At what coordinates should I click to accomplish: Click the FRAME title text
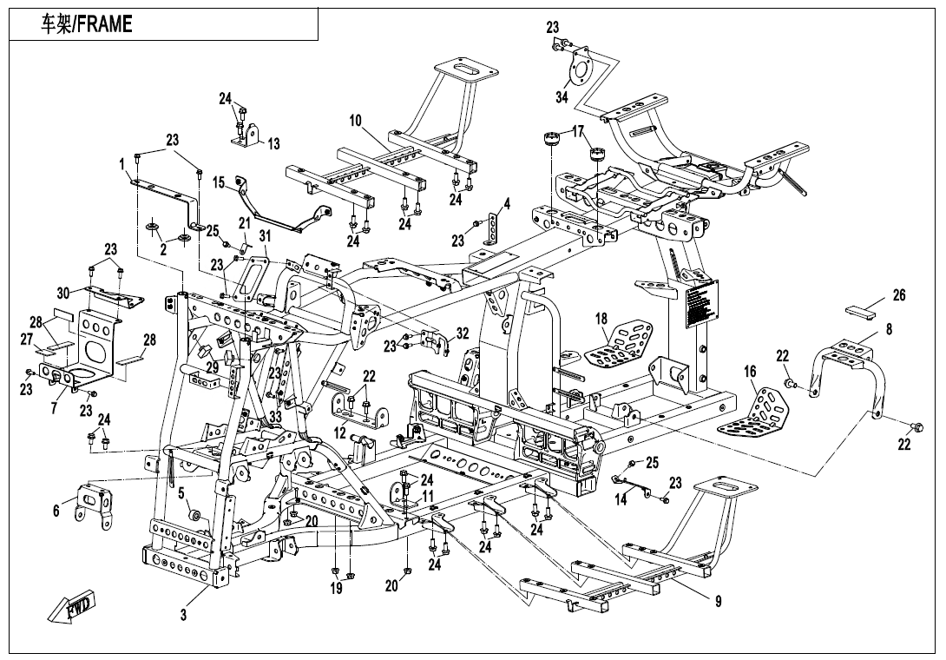click(x=87, y=24)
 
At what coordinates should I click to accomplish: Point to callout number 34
click(x=562, y=97)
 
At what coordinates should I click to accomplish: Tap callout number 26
click(x=899, y=295)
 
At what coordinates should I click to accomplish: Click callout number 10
click(x=356, y=121)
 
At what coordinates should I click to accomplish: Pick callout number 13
click(x=273, y=143)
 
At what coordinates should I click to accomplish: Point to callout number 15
click(x=219, y=182)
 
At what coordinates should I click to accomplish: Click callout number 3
click(x=183, y=616)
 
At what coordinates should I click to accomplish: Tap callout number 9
click(x=718, y=601)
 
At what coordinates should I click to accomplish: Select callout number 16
click(x=750, y=373)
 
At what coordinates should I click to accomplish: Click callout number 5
click(x=182, y=494)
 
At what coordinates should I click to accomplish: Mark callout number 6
click(x=56, y=511)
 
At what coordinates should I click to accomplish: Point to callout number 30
click(x=62, y=292)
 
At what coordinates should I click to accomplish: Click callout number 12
click(x=340, y=432)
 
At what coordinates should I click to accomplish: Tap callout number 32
click(x=462, y=333)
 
